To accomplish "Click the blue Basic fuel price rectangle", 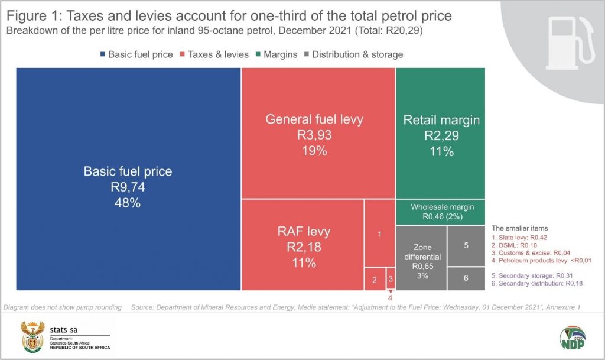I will click(128, 179).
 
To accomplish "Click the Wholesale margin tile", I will click(441, 212).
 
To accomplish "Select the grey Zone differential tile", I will click(421, 258).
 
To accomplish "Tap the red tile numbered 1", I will click(379, 234).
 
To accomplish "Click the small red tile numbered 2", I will click(374, 279).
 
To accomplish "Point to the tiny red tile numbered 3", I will click(391, 278).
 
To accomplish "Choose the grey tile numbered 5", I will click(466, 245).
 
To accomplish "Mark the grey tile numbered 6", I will click(466, 278).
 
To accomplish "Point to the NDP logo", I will click(573, 337).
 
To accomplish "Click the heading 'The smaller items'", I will click(519, 228).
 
